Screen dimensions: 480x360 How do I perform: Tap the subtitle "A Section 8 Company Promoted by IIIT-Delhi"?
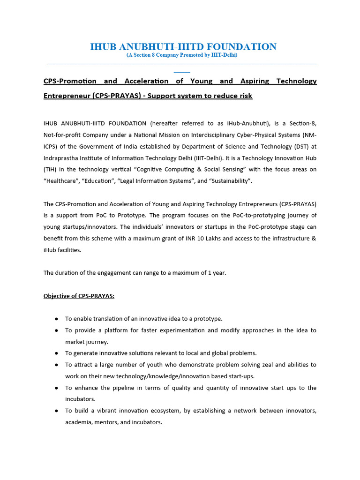(182, 55)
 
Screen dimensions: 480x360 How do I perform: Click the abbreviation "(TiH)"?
(51, 169)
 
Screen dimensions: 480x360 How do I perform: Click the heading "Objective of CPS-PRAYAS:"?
(79, 296)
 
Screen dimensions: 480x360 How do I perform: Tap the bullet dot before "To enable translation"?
(56, 319)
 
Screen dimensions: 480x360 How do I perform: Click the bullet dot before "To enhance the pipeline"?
(56, 388)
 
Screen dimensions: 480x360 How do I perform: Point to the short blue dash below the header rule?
(182, 72)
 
